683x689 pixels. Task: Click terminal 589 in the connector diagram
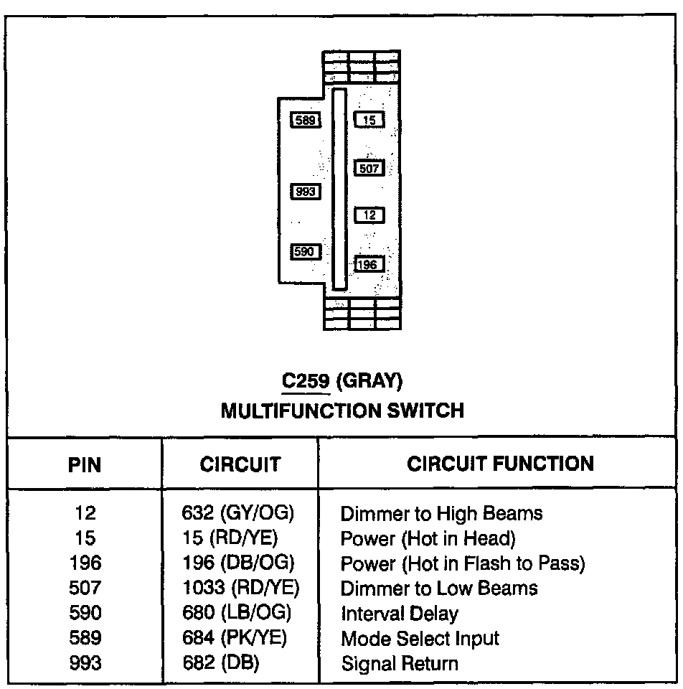point(306,120)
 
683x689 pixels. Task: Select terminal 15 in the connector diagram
point(369,120)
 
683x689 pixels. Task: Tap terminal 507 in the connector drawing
point(369,169)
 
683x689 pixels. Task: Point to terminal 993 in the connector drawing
point(306,192)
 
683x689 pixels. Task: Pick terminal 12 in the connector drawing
point(369,215)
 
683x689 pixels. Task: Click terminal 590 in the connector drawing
point(306,252)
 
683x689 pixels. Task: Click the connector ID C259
point(306,380)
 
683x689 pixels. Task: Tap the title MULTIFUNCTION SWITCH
point(342,411)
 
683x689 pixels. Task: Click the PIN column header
point(85,464)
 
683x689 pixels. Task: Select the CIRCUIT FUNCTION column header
point(500,464)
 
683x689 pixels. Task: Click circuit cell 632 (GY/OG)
point(239,513)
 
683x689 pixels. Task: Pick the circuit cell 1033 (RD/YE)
point(240,589)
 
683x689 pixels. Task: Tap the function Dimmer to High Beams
point(441,513)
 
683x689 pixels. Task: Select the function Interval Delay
point(399,614)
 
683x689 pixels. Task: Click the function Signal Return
point(399,663)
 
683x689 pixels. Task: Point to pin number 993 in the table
point(85,663)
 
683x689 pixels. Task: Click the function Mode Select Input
point(420,638)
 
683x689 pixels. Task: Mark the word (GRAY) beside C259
point(369,380)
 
